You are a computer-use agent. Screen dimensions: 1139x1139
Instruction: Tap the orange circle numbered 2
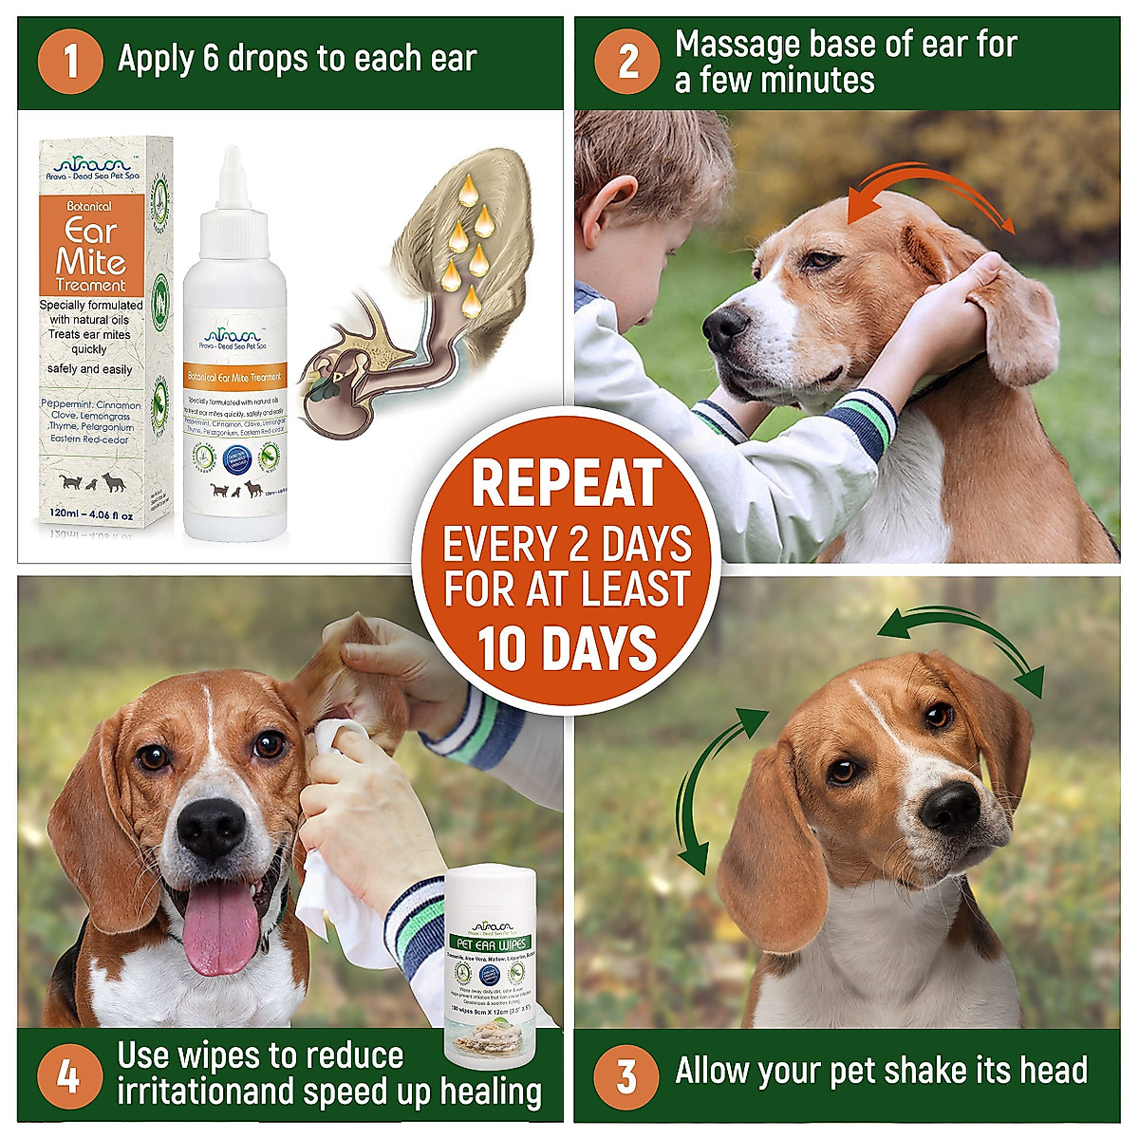click(x=627, y=62)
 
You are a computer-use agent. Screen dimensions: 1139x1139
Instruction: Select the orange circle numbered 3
click(x=626, y=1076)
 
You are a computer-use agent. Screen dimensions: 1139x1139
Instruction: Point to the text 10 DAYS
click(x=567, y=648)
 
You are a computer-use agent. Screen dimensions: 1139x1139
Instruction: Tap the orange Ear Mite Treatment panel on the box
click(x=91, y=245)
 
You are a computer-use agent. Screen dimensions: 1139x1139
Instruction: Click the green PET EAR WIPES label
click(x=491, y=943)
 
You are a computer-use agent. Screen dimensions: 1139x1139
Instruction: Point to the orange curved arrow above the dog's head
click(x=930, y=187)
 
